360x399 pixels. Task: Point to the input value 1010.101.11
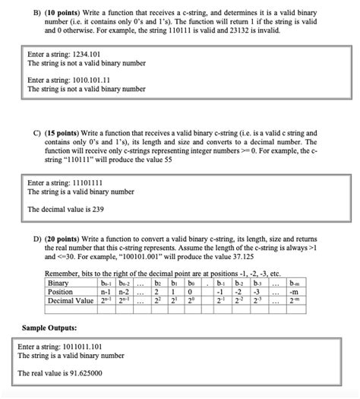tap(87, 79)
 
